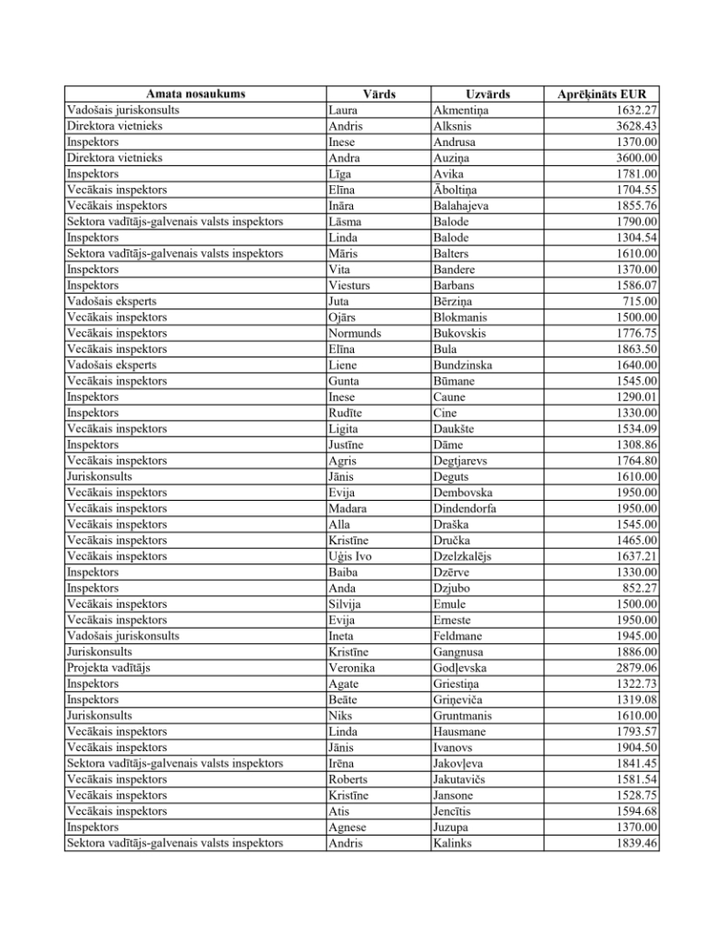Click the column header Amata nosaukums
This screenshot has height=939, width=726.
coord(195,94)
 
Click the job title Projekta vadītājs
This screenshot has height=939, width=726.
coord(108,668)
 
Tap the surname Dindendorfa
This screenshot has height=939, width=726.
coord(465,508)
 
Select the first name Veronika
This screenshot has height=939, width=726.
coord(352,668)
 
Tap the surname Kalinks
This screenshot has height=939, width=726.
coord(453,843)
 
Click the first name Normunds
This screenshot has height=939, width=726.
coord(355,333)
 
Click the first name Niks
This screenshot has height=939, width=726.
coord(340,716)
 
